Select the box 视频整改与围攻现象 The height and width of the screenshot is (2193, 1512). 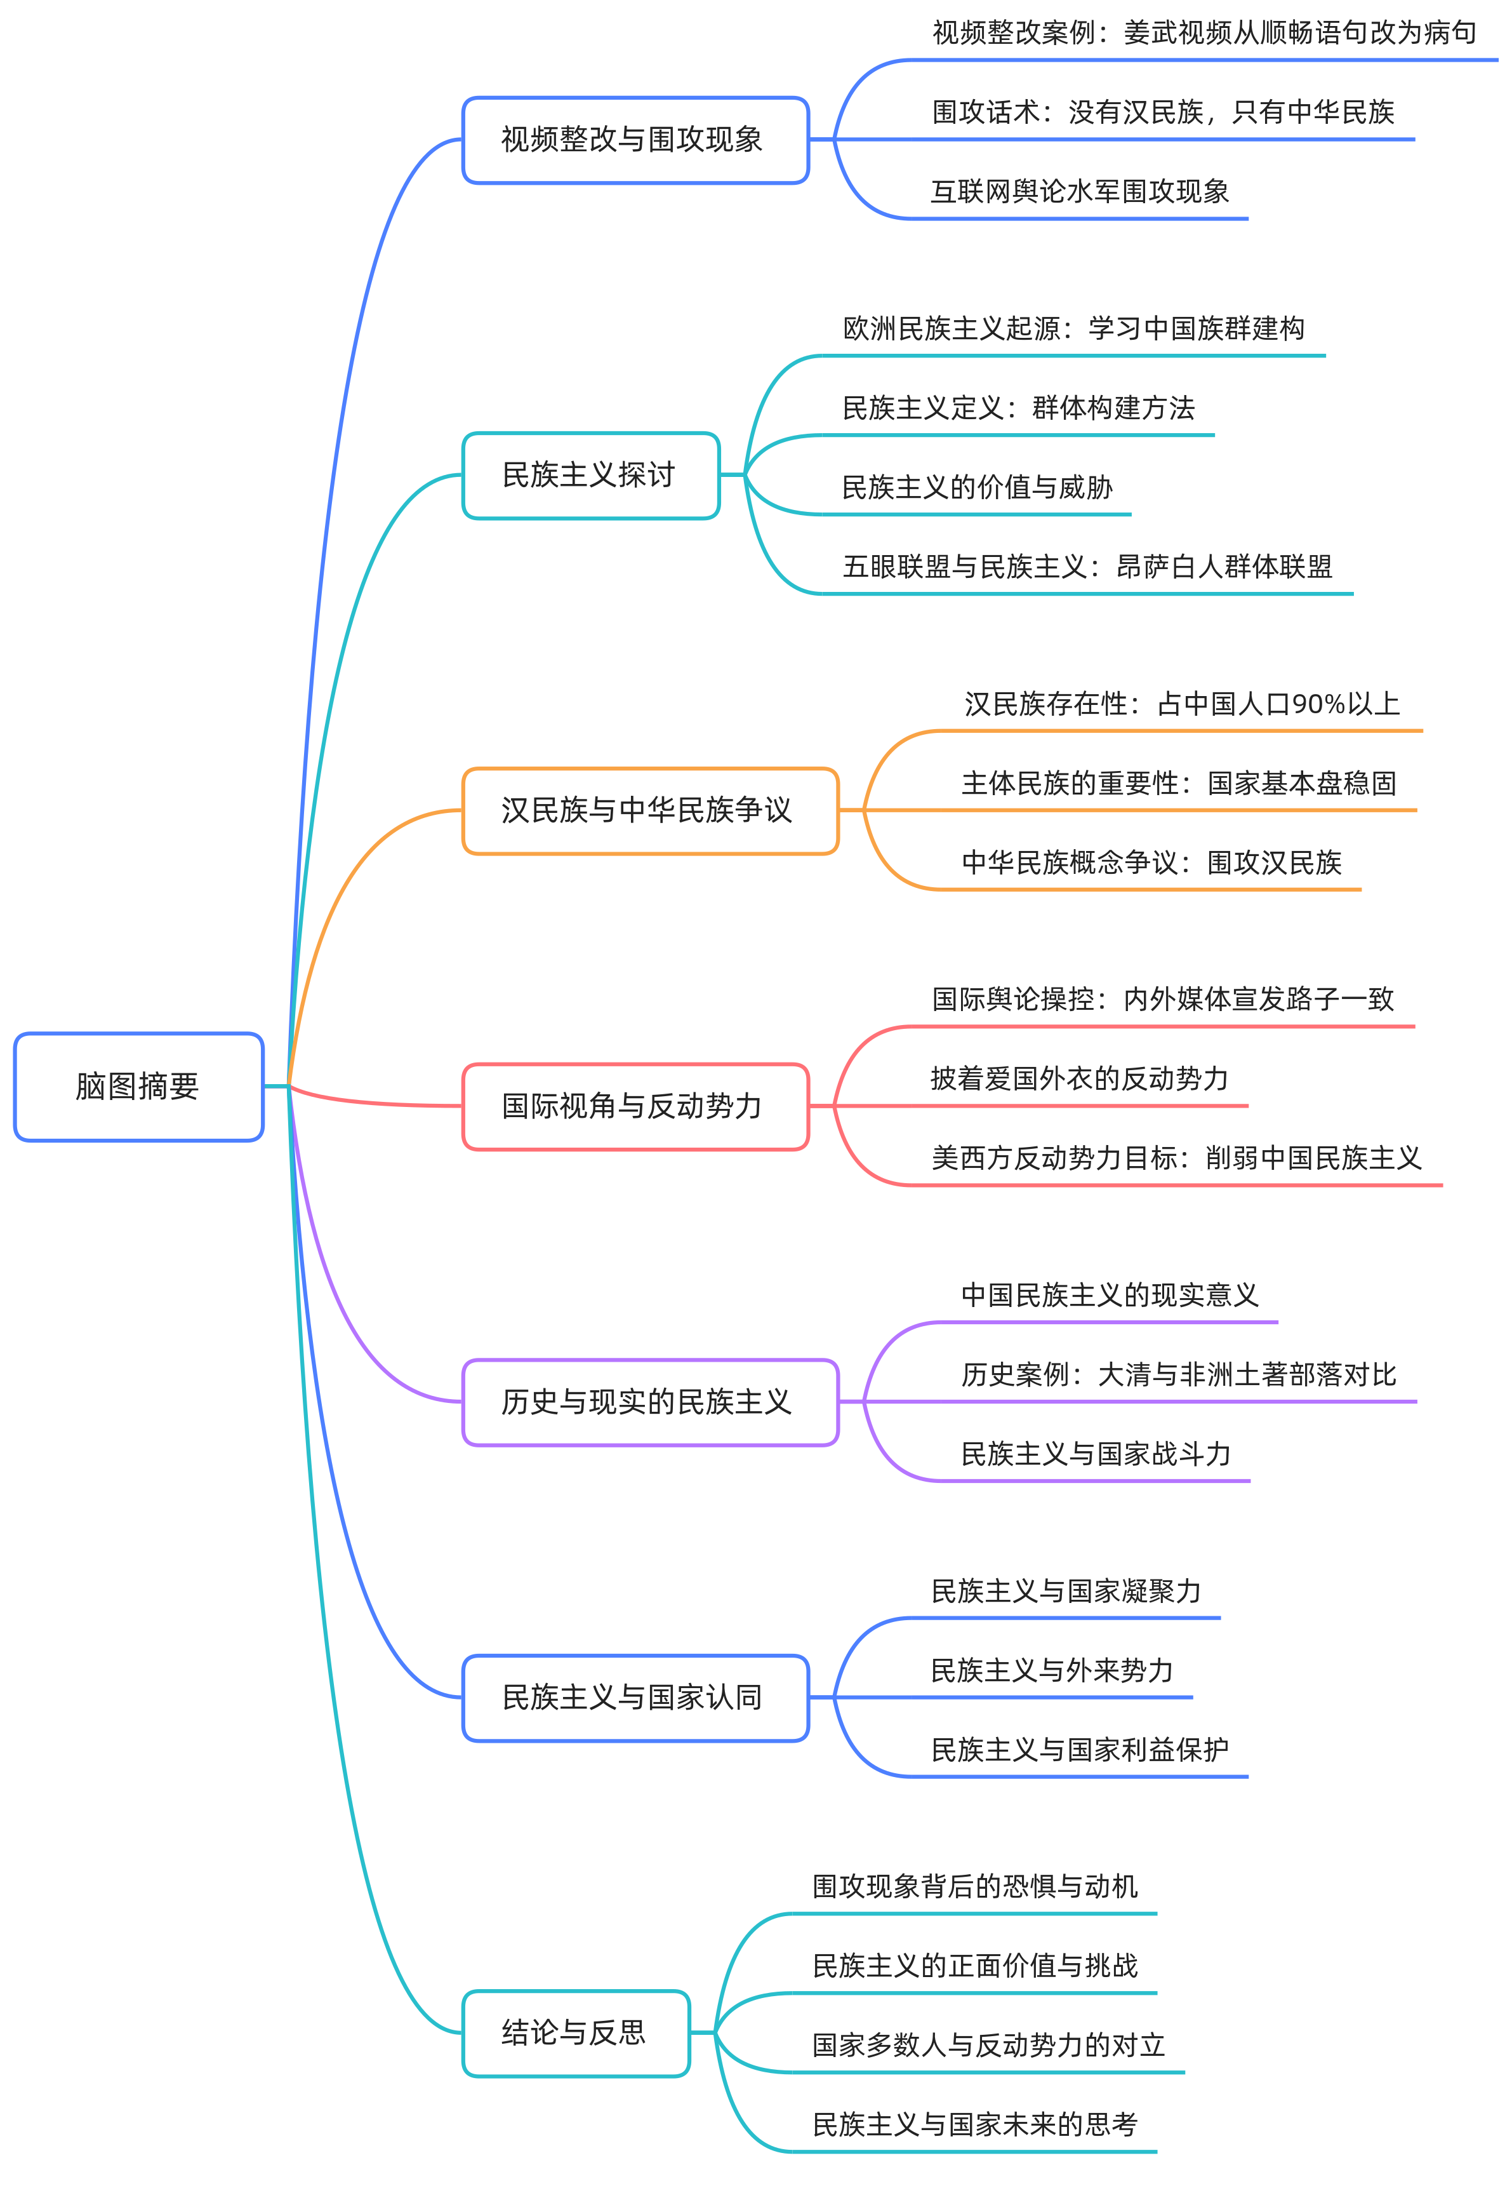coord(635,140)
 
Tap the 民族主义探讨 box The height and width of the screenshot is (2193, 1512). coord(590,475)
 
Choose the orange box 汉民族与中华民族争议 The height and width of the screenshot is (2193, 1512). coord(650,810)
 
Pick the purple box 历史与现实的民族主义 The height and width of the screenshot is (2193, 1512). coord(650,1402)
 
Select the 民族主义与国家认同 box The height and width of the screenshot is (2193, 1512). coord(635,1698)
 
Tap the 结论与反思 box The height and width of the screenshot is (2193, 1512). coord(575,2033)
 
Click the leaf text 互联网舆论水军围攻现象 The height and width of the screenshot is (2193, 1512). coord(1079,192)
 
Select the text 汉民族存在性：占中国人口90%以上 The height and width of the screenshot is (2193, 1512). coord(1181,704)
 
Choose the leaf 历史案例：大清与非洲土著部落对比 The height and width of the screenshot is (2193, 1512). coord(1179,1374)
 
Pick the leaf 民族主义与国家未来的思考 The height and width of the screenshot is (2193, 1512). coord(975,2125)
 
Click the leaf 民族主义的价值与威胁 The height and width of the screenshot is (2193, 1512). coord(977,487)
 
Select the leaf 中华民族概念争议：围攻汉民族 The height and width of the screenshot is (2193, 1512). coord(1151,862)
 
